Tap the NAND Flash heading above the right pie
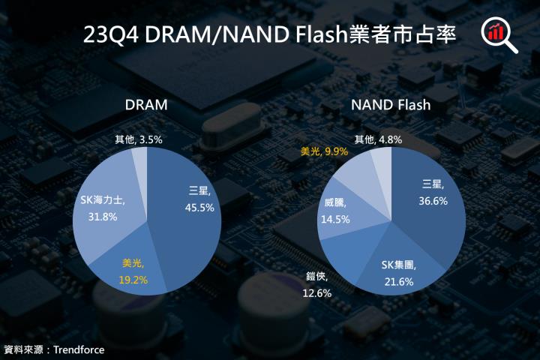[x=391, y=105]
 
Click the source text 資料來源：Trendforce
[x=53, y=349]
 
